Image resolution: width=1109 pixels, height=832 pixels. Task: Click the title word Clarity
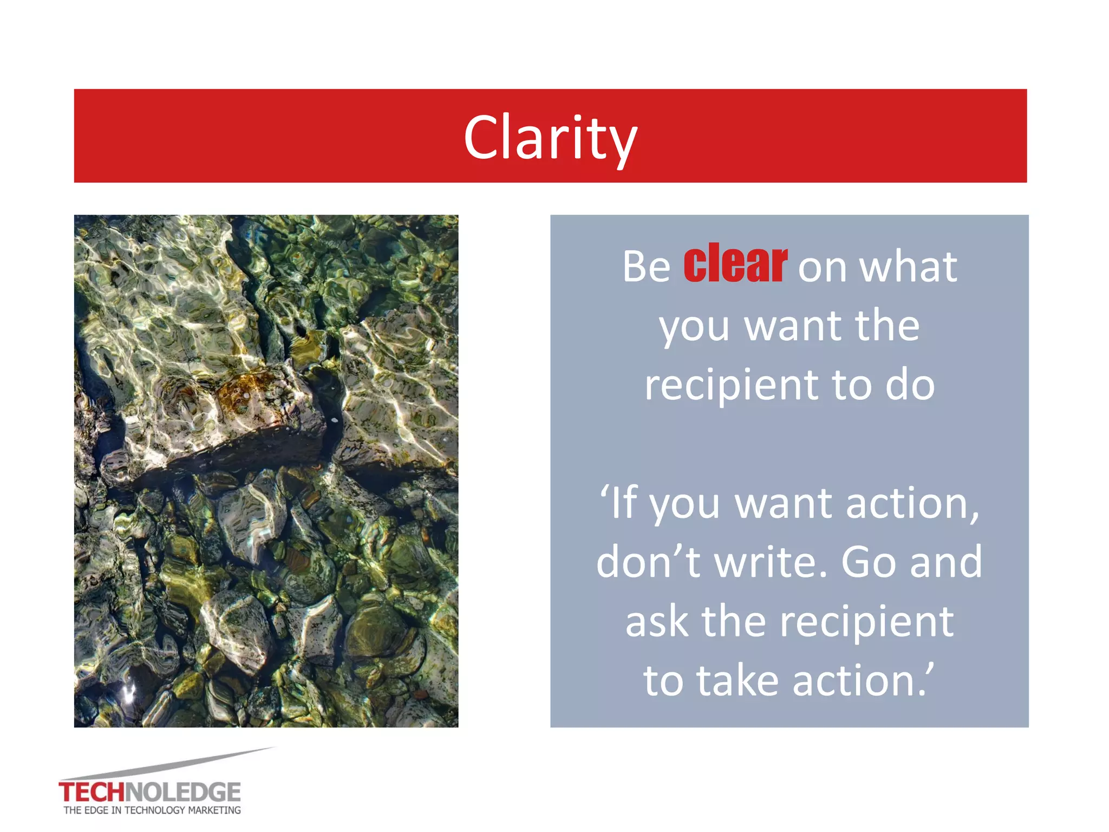[x=550, y=138]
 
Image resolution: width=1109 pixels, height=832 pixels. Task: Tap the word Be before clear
[x=646, y=266]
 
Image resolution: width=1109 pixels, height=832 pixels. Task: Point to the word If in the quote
[x=623, y=503]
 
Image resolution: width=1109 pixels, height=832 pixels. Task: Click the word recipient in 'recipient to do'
[x=731, y=385]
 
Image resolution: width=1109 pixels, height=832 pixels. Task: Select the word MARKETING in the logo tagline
[x=214, y=810]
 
